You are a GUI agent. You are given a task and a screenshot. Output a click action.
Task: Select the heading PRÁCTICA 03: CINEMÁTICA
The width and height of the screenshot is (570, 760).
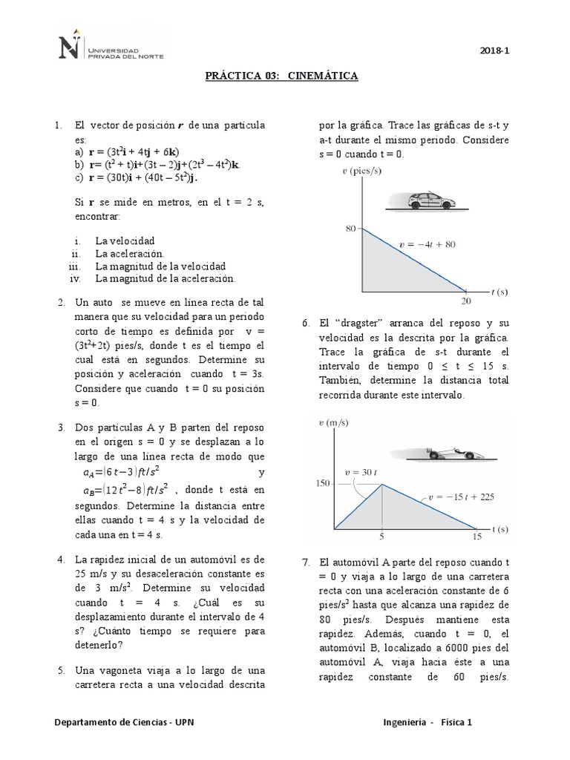coord(282,76)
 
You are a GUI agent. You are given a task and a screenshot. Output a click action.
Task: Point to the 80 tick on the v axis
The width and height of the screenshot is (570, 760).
coord(350,229)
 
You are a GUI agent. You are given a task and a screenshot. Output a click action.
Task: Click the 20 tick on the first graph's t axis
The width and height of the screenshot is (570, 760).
coord(466,301)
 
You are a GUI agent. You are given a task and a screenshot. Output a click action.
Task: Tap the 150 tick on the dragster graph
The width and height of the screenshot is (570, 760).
coord(321,484)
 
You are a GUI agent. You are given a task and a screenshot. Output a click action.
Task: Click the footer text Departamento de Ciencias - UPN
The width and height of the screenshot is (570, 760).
coord(125,721)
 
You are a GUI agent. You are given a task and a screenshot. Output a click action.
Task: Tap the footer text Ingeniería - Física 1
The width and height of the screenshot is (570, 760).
coord(427,721)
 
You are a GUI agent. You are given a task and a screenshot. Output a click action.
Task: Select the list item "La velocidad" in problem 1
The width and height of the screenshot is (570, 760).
coord(125,241)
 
